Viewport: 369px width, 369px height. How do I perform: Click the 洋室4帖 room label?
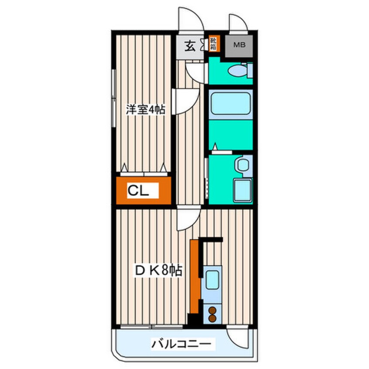tap(145, 109)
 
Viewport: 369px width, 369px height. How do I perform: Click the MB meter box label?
tap(238, 44)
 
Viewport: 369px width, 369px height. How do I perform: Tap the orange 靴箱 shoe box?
tap(214, 44)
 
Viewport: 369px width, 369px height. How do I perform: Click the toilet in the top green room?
tap(239, 70)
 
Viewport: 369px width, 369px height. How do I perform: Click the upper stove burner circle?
tap(212, 311)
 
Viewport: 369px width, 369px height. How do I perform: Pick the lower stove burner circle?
tap(212, 318)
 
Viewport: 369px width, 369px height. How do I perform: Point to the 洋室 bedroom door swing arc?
tap(185, 101)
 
